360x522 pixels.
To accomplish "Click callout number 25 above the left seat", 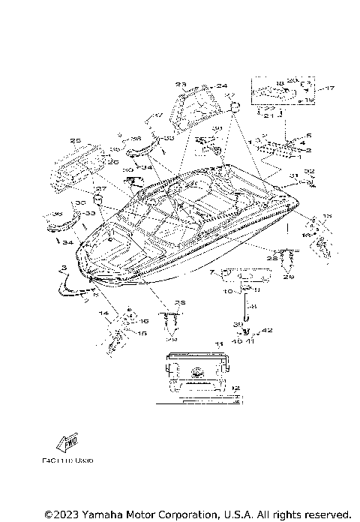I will click(x=75, y=140).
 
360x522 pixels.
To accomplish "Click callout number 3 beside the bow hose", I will click(x=65, y=268).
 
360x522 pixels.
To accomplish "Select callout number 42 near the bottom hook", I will click(x=268, y=331).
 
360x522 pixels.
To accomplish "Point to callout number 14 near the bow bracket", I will click(x=104, y=312).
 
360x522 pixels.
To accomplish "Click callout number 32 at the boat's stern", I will click(x=309, y=170).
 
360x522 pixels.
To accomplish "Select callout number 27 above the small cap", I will click(x=100, y=188).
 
